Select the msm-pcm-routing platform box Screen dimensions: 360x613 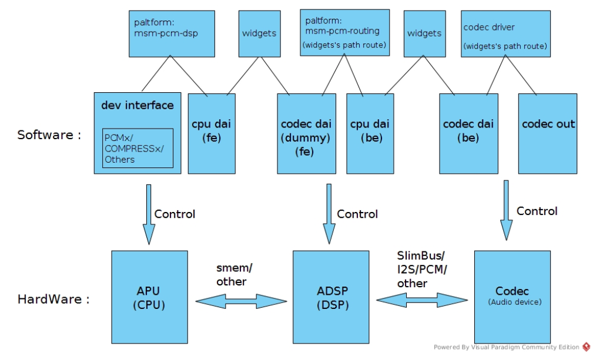click(x=345, y=33)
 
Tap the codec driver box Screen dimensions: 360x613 click(x=505, y=33)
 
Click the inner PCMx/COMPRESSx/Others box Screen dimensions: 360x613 click(x=138, y=147)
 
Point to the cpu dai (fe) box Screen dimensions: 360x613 click(x=211, y=133)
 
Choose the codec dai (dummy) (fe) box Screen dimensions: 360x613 click(x=306, y=133)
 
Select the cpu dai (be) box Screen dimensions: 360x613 click(x=370, y=133)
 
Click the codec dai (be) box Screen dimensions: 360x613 click(x=469, y=133)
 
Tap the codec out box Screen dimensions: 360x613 click(x=548, y=133)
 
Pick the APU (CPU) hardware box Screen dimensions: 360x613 click(x=149, y=297)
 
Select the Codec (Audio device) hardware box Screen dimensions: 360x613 click(x=511, y=297)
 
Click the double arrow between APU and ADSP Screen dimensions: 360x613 click(x=241, y=302)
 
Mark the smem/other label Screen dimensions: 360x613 click(x=234, y=274)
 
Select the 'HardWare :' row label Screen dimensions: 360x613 click(x=53, y=299)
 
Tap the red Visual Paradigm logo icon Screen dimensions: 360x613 click(x=586, y=347)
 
